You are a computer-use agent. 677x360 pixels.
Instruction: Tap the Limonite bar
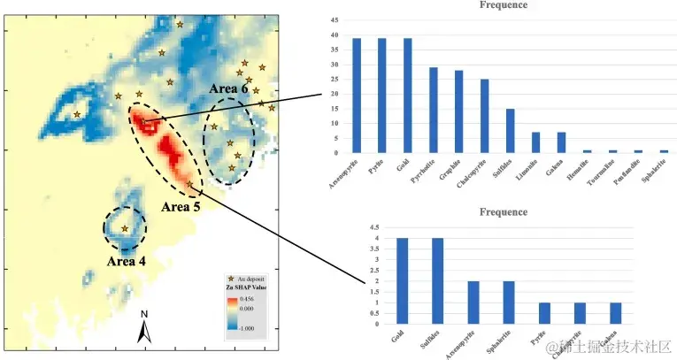point(535,142)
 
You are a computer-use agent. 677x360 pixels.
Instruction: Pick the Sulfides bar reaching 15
point(511,130)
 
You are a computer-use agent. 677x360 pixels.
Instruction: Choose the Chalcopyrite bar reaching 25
point(485,116)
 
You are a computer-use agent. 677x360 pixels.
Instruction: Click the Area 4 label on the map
point(126,261)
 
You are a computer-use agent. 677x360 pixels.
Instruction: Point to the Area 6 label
point(228,89)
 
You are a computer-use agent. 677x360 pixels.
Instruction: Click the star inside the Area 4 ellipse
point(124,228)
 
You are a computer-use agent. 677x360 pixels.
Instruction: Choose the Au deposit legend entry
point(252,278)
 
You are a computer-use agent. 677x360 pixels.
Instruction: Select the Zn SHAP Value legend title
point(248,288)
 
